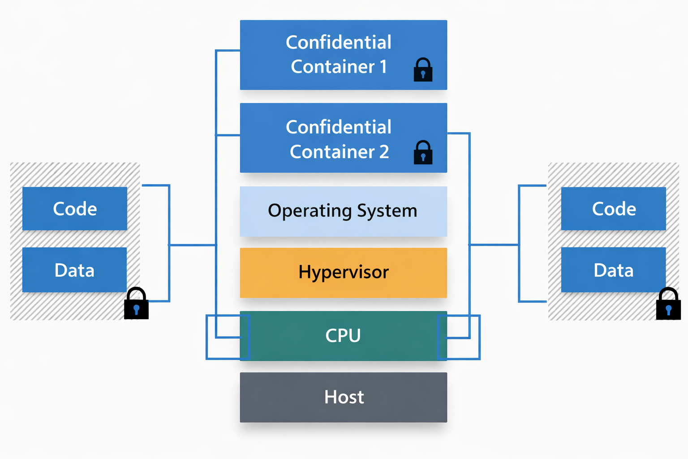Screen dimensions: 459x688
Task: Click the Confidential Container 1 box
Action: pyautogui.click(x=343, y=55)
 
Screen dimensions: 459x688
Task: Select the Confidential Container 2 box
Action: pyautogui.click(x=343, y=138)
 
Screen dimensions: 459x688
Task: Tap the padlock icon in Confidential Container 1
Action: pyautogui.click(x=423, y=70)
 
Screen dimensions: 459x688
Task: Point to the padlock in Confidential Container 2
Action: pyautogui.click(x=423, y=153)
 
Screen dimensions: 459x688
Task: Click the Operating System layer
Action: pyautogui.click(x=343, y=211)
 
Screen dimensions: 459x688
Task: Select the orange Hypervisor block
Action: pyautogui.click(x=343, y=273)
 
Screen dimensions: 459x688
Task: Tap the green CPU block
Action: pyautogui.click(x=343, y=336)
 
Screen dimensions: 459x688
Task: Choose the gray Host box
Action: pyautogui.click(x=343, y=397)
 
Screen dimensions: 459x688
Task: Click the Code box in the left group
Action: pyautogui.click(x=75, y=209)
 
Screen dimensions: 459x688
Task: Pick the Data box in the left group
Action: pyautogui.click(x=74, y=270)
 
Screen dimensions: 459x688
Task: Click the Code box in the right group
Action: pyautogui.click(x=614, y=209)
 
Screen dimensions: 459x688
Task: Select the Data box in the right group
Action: pyautogui.click(x=613, y=270)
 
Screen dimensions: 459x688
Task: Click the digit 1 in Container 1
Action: pyautogui.click(x=383, y=67)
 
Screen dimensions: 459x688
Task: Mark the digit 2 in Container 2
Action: pyautogui.click(x=384, y=152)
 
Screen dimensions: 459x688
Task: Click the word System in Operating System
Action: pyautogui.click(x=387, y=211)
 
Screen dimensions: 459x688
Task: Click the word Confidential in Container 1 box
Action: pyautogui.click(x=339, y=43)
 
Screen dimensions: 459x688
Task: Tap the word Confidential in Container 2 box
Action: pyautogui.click(x=339, y=127)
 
